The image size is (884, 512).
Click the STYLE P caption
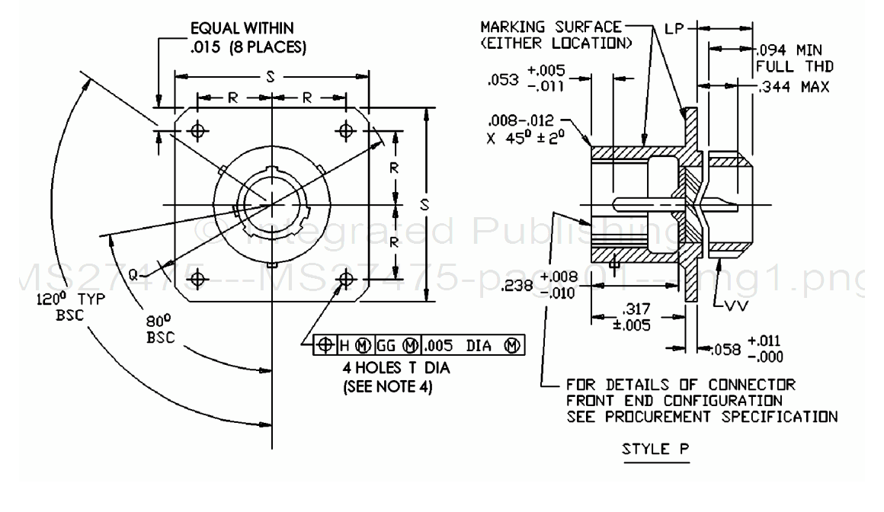656,449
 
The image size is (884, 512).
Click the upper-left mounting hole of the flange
199,130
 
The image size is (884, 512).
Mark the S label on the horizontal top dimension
272,76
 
